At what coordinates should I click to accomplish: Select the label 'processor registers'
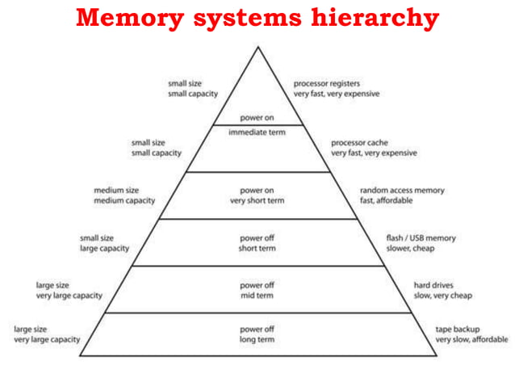pos(326,83)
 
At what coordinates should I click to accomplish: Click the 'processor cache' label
pos(359,142)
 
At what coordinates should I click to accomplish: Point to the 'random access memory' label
pos(402,191)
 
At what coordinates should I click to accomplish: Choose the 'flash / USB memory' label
pos(421,238)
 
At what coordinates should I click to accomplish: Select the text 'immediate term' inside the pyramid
pos(257,132)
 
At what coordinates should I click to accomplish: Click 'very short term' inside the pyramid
pos(257,200)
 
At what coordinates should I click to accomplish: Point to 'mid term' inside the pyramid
pos(257,296)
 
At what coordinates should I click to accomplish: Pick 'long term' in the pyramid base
pos(257,340)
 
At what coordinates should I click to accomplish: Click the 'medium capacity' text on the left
pos(124,200)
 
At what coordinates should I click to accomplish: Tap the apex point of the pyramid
pos(258,47)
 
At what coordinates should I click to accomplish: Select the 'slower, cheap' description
pos(411,249)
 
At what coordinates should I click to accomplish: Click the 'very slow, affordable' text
pos(471,340)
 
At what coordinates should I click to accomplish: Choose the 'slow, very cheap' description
pos(443,296)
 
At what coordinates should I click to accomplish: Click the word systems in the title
pos(246,18)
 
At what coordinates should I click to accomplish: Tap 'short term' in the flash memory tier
pos(257,249)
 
